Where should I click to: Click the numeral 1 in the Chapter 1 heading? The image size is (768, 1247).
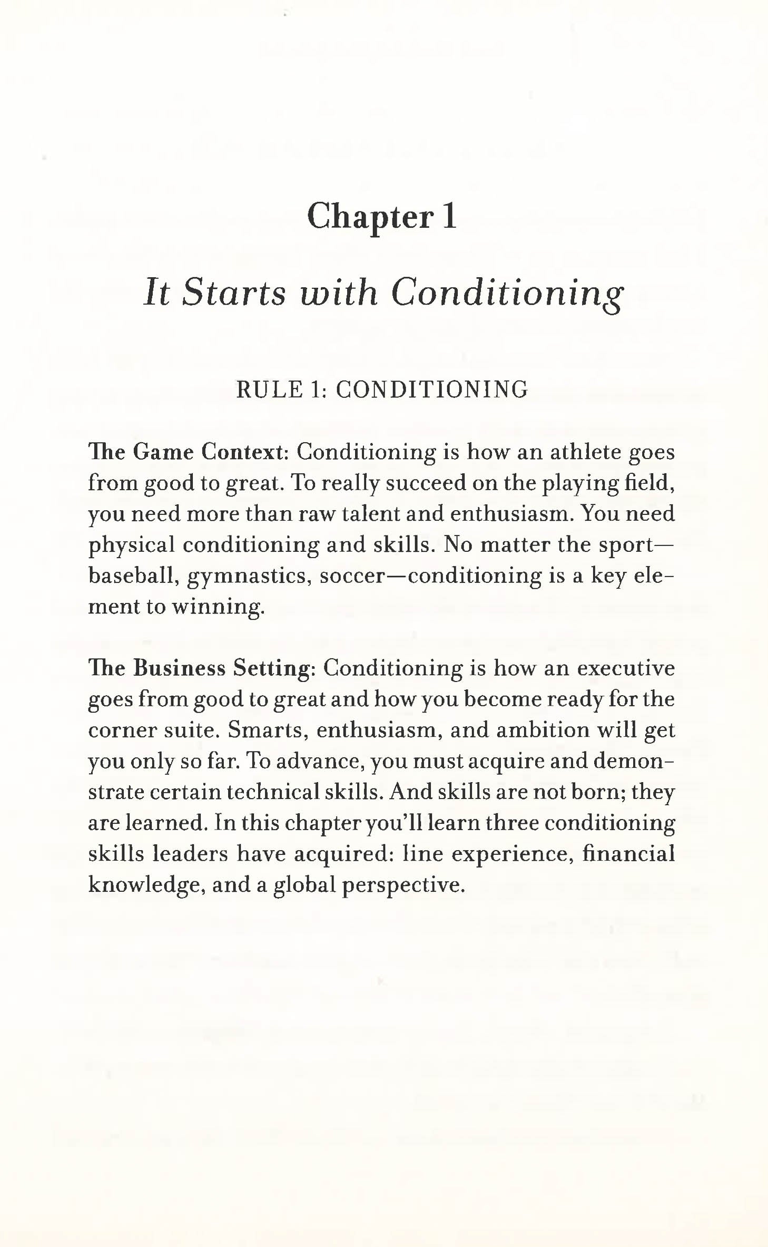pos(449,217)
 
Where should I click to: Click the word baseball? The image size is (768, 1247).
pos(132,576)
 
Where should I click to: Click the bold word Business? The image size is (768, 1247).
pos(179,668)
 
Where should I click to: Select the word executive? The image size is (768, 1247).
pos(626,668)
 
